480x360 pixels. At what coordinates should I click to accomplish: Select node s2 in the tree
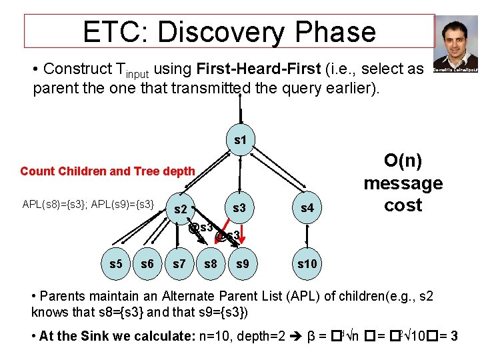[x=180, y=210]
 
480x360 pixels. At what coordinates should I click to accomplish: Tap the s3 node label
[x=239, y=208]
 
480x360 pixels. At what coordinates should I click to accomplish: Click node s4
[x=307, y=209]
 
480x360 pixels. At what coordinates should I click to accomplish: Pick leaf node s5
[x=115, y=264]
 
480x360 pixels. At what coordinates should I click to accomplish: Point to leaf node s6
[x=147, y=264]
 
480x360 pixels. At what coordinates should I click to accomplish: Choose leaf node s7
[x=179, y=264]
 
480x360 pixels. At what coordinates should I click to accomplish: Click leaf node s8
[x=211, y=264]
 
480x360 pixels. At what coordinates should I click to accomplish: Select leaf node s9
[x=243, y=264]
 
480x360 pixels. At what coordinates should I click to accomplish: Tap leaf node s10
[x=307, y=264]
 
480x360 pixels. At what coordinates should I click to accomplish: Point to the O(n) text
[x=403, y=161]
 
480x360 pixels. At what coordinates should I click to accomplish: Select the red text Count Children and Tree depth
[x=107, y=171]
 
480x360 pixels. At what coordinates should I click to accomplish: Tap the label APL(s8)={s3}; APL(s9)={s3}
[x=89, y=202]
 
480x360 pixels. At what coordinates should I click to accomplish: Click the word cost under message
[x=403, y=205]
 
